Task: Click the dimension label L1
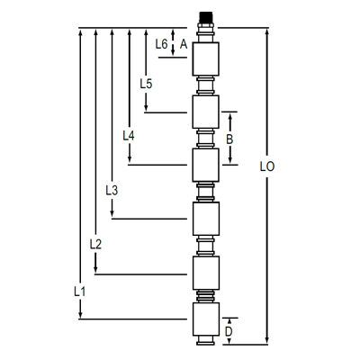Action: coord(78,292)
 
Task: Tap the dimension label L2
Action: coord(96,244)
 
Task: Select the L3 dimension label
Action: coord(112,190)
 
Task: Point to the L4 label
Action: coord(129,135)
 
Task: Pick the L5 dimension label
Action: coord(146,83)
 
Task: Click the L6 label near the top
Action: coord(161,43)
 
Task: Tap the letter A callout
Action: coord(183,43)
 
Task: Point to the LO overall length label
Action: coord(266,166)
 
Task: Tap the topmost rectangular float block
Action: coord(206,59)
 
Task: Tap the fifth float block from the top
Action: coord(206,272)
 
